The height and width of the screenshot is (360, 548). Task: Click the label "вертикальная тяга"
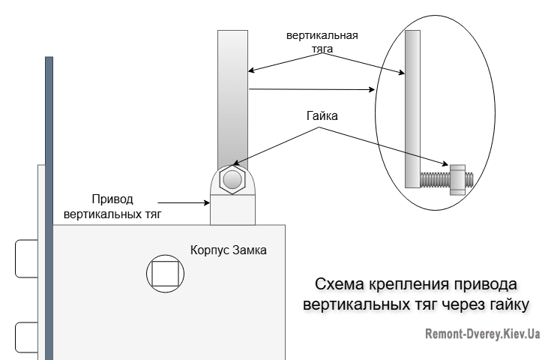pos(322,43)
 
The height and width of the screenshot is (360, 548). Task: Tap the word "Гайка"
pos(322,117)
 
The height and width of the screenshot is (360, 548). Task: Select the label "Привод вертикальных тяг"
pos(112,207)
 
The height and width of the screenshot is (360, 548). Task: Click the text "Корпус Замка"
pos(228,250)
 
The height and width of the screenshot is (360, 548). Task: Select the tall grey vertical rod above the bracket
pos(232,97)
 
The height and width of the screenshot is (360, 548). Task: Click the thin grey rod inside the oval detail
pos(412,109)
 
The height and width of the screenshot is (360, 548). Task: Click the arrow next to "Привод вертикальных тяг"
pos(187,202)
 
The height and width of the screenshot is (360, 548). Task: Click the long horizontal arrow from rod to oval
pos(311,90)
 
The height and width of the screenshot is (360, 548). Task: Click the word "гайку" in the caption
pos(505,304)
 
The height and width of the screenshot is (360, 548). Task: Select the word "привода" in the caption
pos(488,285)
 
